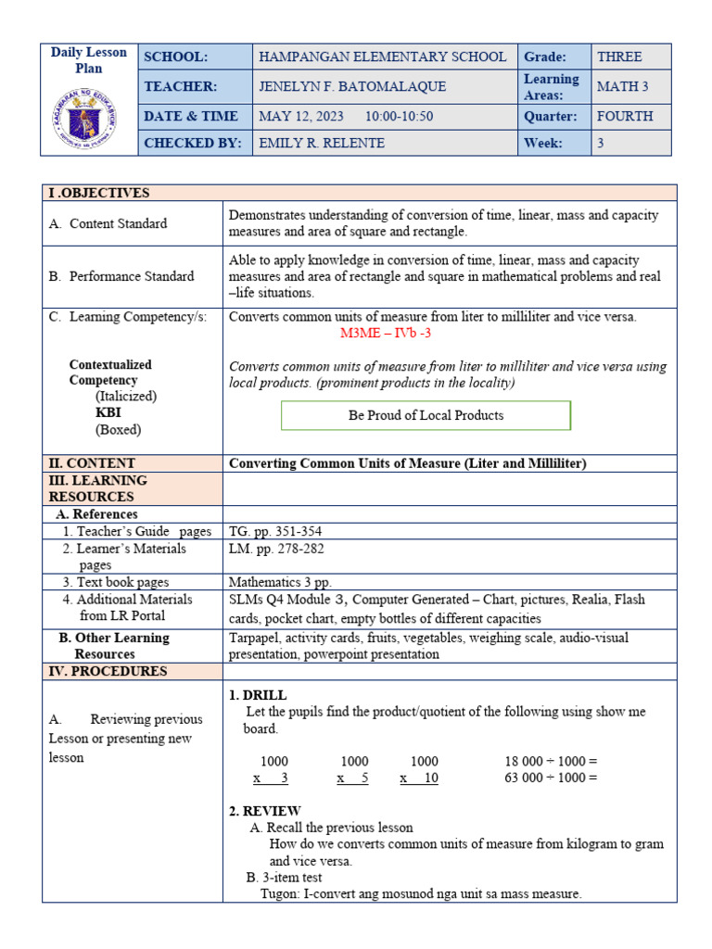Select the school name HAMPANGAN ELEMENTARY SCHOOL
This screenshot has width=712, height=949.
pos(382,57)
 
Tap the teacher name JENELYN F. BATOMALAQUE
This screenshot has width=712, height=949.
pos(351,86)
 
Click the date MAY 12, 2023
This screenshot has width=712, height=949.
pos(300,116)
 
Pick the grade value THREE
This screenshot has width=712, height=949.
pos(619,57)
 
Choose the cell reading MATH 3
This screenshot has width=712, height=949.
pos(617,86)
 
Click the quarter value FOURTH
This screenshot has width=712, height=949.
pos(625,116)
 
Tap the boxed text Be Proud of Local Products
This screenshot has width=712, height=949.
pos(426,415)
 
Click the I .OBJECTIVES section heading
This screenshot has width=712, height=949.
pos(99,193)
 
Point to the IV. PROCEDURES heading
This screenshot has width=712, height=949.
pos(108,671)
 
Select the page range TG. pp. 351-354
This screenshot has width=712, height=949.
pos(275,531)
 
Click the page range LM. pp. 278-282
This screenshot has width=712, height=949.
pos(276,548)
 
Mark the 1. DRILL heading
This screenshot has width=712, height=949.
pos(257,695)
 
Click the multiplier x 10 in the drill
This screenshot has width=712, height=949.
pos(419,778)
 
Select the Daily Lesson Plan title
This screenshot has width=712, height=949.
pos(88,60)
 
